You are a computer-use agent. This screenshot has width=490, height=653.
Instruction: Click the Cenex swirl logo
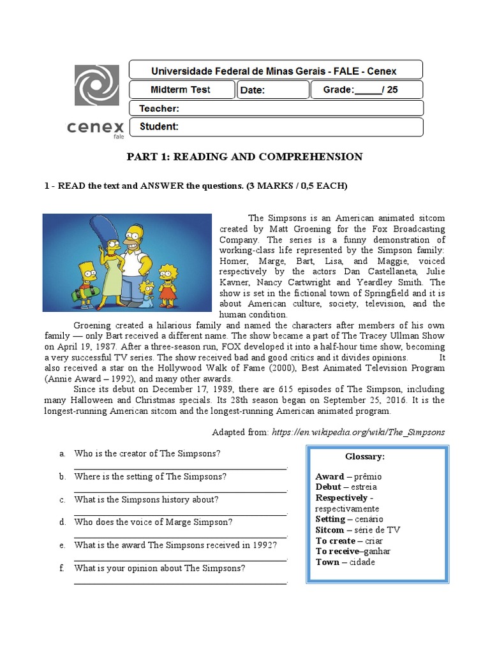click(x=96, y=85)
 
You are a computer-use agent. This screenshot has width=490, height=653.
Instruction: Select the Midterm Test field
click(x=181, y=90)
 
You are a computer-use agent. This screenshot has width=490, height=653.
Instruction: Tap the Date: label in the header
click(x=253, y=91)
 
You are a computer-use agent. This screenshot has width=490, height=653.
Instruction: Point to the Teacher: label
click(x=159, y=108)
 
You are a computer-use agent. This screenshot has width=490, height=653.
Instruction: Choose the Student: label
click(x=159, y=126)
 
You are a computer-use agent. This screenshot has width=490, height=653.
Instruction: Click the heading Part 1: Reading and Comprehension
click(x=244, y=157)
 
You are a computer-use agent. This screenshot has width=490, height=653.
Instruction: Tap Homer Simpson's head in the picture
click(x=134, y=238)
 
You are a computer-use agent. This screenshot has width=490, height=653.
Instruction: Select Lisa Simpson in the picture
click(x=168, y=281)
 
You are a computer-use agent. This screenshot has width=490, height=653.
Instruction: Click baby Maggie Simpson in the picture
click(x=148, y=292)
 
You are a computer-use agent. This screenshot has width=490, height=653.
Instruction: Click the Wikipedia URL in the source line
click(x=358, y=432)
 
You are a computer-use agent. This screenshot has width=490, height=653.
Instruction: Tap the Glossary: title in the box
click(x=364, y=457)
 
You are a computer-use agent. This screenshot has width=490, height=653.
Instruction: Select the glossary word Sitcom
click(x=330, y=530)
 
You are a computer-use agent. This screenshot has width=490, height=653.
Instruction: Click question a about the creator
click(x=147, y=453)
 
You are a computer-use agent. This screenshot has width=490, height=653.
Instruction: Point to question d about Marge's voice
click(x=153, y=522)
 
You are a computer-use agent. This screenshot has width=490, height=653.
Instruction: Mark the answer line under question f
click(x=180, y=582)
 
